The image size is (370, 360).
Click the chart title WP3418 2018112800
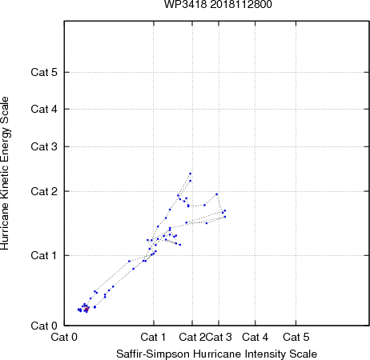218,4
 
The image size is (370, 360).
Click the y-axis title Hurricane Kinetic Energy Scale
5,174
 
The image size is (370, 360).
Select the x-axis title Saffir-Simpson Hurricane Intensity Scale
217,354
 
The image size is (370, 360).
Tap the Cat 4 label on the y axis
44,109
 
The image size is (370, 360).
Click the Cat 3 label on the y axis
44,146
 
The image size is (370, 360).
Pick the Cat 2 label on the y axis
44,191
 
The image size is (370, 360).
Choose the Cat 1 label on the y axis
44,255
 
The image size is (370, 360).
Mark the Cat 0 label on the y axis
44,326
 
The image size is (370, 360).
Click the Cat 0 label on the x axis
64,337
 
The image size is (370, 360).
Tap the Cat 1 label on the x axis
153,337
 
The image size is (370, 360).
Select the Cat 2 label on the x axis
192,337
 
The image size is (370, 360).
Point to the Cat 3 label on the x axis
219,337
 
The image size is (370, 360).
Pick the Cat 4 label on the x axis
255,337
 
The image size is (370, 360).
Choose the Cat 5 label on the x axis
296,337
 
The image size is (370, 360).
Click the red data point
86,310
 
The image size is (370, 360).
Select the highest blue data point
191,174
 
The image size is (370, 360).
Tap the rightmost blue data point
225,210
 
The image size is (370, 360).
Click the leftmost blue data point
78,310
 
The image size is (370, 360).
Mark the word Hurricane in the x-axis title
217,354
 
